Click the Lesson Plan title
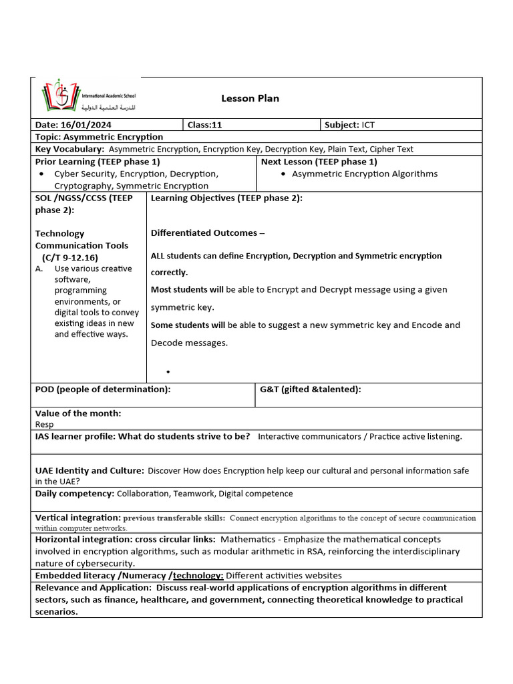coord(250,98)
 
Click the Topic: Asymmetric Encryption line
coord(99,137)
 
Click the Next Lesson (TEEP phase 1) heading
coord(319,162)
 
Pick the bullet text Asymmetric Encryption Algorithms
coord(365,174)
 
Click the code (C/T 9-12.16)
coord(69,257)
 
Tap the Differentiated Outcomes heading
coord(207,233)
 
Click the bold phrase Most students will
coord(187,290)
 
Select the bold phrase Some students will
coord(188,325)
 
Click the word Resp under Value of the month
coord(44,424)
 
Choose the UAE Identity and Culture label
coord(89,471)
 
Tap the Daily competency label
coord(75,494)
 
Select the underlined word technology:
coord(198,575)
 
